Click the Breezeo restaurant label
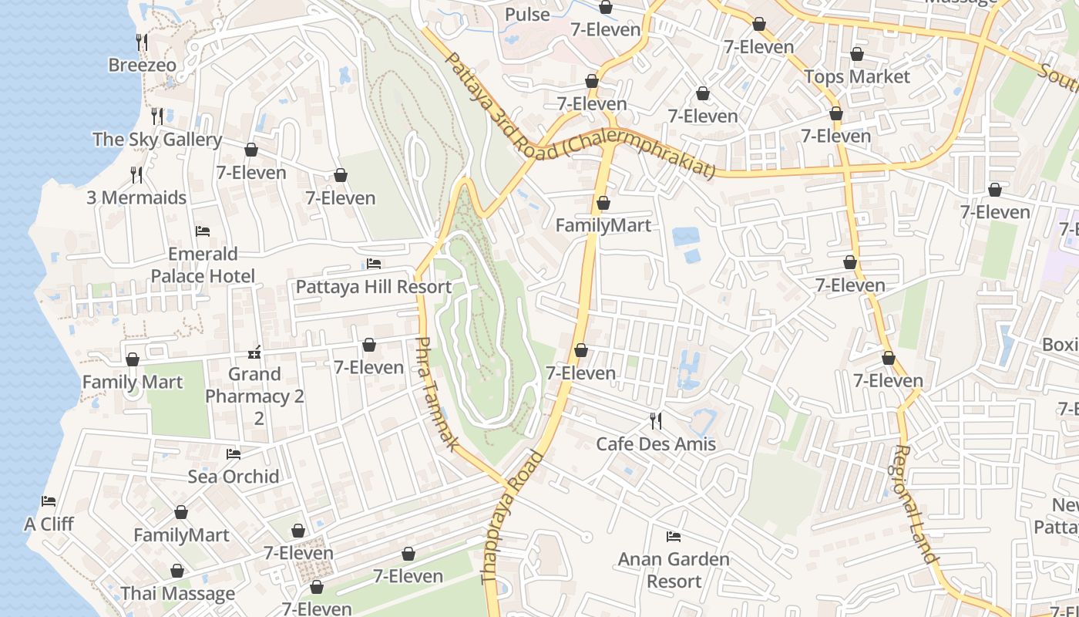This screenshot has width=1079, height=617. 142,65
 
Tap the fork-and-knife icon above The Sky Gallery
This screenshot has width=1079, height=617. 157,116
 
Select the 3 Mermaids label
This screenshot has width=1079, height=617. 136,197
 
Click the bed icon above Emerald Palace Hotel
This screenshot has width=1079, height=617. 203,231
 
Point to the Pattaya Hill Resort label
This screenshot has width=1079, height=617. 374,287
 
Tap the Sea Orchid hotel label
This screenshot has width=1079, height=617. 234,477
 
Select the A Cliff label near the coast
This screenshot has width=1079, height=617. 49,524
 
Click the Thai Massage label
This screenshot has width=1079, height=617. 178,594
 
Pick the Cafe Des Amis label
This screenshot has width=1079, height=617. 656,444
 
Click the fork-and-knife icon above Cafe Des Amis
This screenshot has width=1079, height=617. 656,420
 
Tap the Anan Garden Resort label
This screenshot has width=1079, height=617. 674,570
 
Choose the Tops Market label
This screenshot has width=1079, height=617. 857,77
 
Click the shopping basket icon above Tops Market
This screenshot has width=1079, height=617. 857,54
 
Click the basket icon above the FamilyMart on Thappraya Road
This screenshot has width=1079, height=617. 603,203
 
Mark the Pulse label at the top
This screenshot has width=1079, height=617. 527,15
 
